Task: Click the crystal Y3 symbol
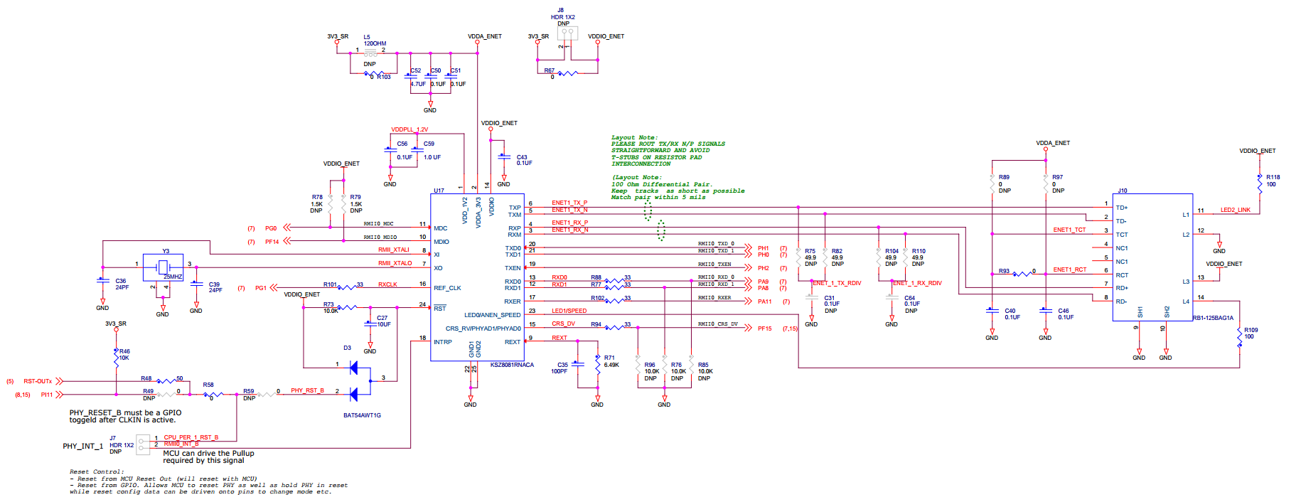click(163, 267)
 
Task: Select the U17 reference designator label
click(439, 191)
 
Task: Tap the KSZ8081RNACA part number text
click(512, 365)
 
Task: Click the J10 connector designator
click(1122, 191)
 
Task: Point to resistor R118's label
click(1273, 177)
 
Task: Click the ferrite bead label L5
click(367, 37)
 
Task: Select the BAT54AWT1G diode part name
click(362, 415)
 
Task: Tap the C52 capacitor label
click(416, 70)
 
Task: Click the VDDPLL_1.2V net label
click(409, 129)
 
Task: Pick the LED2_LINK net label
click(1235, 210)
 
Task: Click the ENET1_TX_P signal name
click(569, 203)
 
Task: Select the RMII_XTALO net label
click(395, 263)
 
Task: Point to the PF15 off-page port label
click(764, 329)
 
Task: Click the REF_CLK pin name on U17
click(447, 288)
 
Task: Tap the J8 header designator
click(560, 11)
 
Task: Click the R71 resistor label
click(609, 358)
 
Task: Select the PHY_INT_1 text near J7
click(82, 447)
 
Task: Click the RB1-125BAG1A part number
click(1213, 318)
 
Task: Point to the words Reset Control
click(96, 471)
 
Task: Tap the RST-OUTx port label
click(38, 381)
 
